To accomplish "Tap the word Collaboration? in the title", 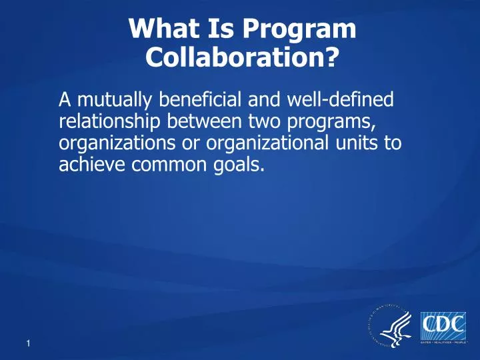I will coord(241,60).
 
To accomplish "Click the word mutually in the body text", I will coord(109,101).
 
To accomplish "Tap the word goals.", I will coord(233,164).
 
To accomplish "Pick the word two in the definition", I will coord(264,121).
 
